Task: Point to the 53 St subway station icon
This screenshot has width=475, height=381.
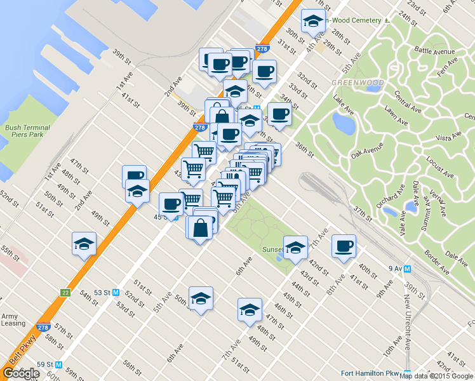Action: pos(116,292)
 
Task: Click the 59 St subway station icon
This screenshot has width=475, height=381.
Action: pos(58,364)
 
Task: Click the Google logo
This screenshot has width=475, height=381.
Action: pos(21,373)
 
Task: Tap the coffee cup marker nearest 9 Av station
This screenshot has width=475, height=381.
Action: pos(344,246)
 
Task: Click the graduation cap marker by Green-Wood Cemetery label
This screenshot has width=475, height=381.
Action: pos(312,22)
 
